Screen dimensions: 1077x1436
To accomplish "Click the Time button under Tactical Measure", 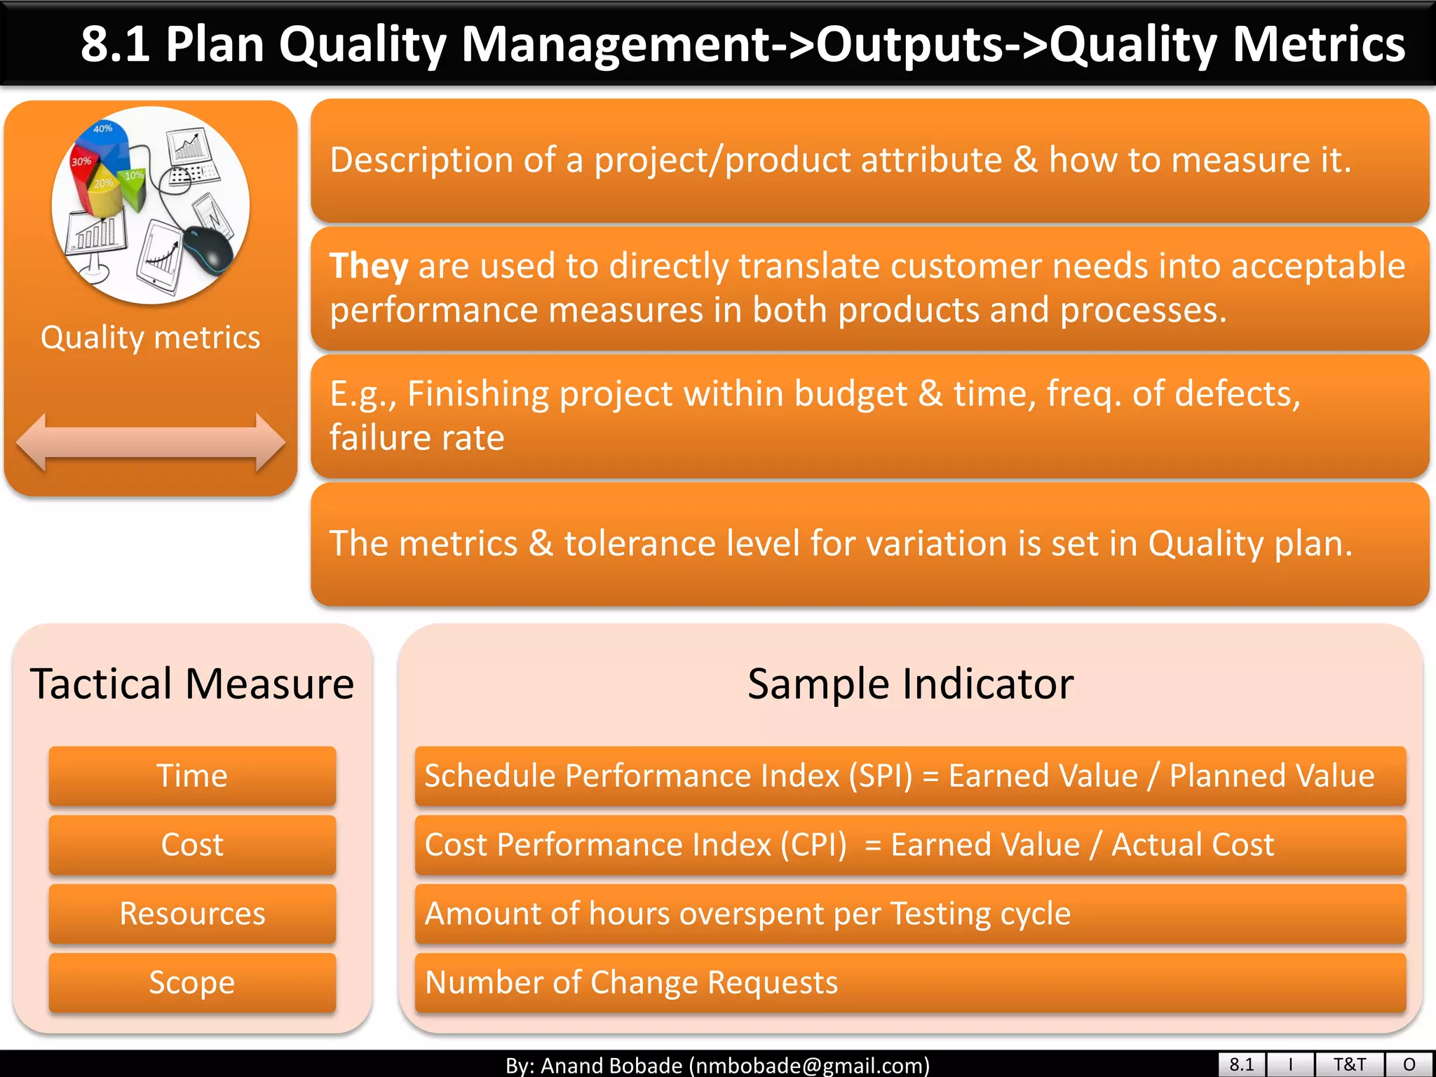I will (192, 775).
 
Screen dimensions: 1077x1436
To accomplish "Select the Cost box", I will (192, 844).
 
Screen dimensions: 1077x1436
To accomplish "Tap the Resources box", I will (192, 913).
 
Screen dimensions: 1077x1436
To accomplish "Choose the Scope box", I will (192, 982).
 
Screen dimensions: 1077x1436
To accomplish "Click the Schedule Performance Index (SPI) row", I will (910, 775).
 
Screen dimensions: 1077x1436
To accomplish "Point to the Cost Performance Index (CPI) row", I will (910, 844).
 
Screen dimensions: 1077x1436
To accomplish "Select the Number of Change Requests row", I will (910, 982).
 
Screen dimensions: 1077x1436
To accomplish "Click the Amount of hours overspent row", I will (910, 913).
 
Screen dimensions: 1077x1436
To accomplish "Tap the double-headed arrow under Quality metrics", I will (150, 442).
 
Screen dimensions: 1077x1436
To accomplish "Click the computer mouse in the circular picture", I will (208, 250).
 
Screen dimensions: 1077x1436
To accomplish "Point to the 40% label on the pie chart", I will (103, 129).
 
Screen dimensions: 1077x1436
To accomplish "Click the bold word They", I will (369, 266).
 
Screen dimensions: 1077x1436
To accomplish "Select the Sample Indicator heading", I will (910, 684).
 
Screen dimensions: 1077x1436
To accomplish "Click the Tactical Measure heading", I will (192, 684).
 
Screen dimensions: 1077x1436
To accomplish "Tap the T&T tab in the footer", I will (1349, 1064).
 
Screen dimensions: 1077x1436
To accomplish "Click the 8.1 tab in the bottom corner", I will (1241, 1064).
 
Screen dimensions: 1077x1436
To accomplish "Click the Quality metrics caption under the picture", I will (150, 338).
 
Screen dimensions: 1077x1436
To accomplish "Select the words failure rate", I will (417, 438).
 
